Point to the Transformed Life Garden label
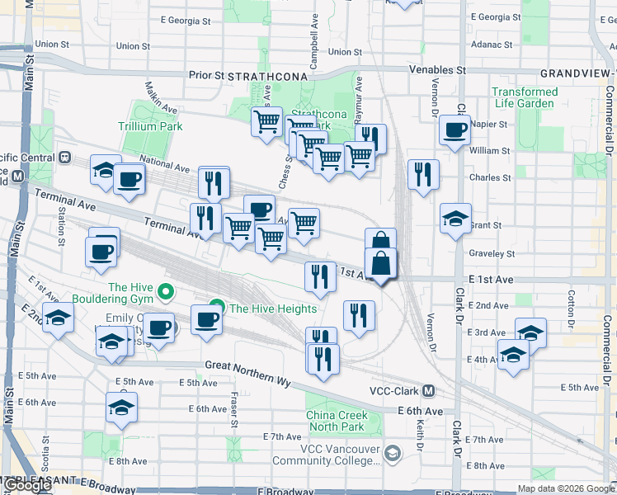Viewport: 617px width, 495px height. point(525,97)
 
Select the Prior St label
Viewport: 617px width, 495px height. point(206,75)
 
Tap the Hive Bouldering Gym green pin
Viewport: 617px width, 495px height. point(166,290)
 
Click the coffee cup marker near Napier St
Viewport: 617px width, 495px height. point(455,130)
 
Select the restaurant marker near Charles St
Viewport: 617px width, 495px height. point(423,175)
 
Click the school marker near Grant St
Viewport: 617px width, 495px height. point(455,219)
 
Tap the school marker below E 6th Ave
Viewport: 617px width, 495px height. point(121,408)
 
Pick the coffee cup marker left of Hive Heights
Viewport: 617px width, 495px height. point(206,320)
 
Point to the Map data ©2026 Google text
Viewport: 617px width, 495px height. point(566,488)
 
